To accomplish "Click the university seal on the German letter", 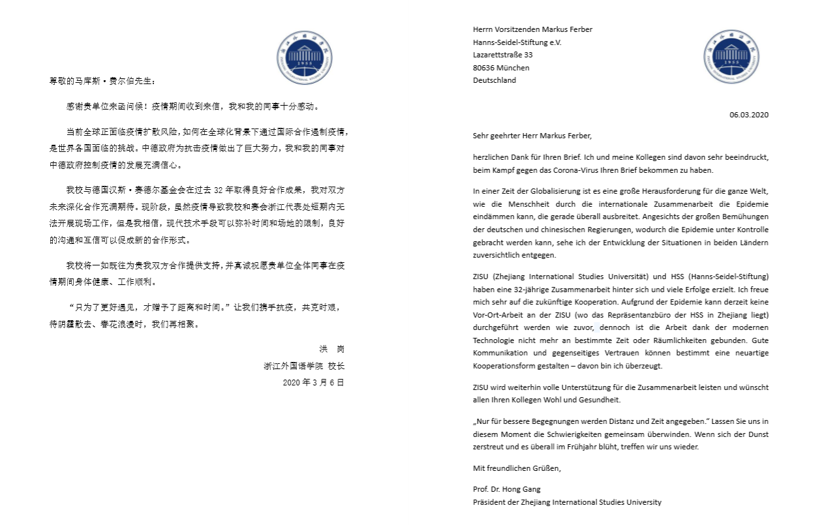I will pos(731,57).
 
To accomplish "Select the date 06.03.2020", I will pos(749,115).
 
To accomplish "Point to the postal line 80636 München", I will pos(501,68).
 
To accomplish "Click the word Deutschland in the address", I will pos(495,80).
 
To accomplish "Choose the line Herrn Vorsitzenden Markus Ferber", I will pos(532,29).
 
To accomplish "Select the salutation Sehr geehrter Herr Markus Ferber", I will pos(532,136).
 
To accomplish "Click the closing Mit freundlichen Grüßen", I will pos(517,468).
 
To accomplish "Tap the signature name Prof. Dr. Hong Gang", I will pos(507,489).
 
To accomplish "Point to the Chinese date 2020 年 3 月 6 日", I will pos(313,382).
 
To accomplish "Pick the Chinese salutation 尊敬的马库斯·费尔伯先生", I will pos(103,82).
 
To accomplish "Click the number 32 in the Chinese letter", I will pos(219,190).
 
